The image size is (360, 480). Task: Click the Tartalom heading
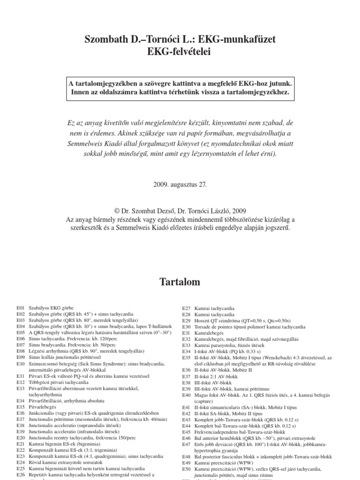180,282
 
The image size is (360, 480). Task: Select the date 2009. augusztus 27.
180,185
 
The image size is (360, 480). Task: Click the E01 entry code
20,307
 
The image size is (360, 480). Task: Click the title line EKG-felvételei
180,52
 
